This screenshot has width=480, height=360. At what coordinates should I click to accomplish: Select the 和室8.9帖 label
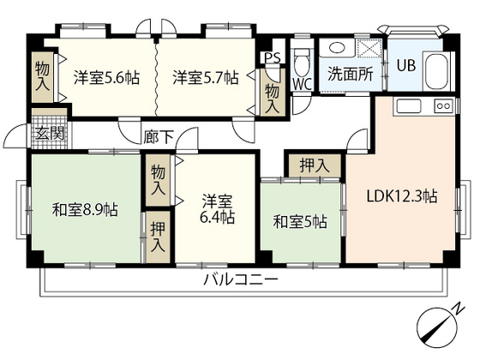coord(85,210)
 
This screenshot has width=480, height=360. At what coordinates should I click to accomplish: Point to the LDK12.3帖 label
coord(403,196)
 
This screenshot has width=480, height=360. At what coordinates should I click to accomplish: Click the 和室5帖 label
coord(299,222)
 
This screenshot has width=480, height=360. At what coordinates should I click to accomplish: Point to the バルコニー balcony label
coord(241,280)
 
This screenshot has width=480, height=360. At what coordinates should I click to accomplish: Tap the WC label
coord(302,83)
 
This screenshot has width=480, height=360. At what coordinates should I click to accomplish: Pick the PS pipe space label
coord(273,57)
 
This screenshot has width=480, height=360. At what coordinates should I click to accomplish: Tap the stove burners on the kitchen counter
coord(445,105)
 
